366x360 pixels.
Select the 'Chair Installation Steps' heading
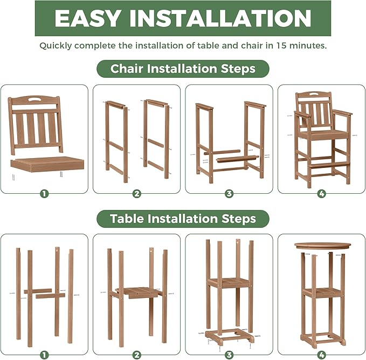click(x=183, y=69)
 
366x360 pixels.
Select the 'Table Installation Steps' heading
click(x=183, y=219)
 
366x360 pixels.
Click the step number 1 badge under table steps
click(x=44, y=354)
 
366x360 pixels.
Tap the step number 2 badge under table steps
click(x=136, y=354)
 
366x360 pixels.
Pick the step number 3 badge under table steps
click(x=229, y=354)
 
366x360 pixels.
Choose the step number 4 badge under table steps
click(x=321, y=354)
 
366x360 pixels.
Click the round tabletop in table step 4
click(x=321, y=246)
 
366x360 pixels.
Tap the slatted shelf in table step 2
click(x=137, y=292)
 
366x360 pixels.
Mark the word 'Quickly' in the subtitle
click(x=55, y=45)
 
